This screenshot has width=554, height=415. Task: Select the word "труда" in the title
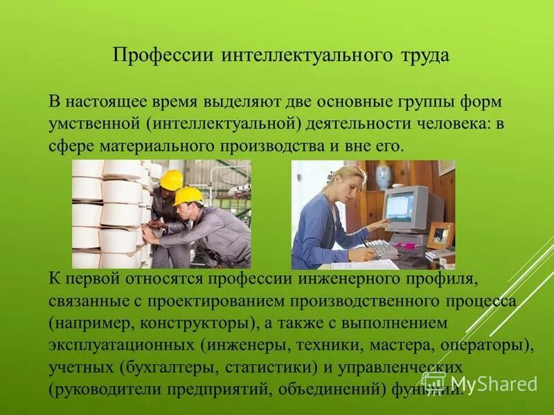[423, 56]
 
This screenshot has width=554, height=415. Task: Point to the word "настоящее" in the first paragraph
[109, 102]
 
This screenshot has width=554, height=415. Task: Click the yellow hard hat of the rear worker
[170, 178]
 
